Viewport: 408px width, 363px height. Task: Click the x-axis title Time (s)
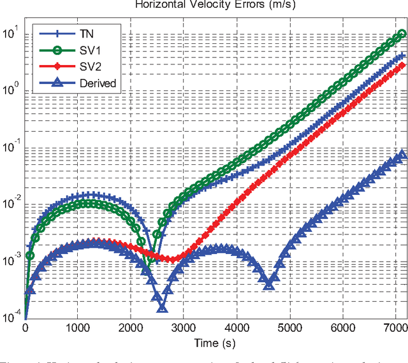point(216,343)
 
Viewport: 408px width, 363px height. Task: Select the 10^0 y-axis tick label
point(11,90)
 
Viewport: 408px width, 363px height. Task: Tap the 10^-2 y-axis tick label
point(11,204)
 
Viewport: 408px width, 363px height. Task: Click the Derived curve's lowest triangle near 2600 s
point(162,308)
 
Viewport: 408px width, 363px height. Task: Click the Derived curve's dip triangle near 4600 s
point(269,284)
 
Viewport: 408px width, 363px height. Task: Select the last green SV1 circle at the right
point(402,34)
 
